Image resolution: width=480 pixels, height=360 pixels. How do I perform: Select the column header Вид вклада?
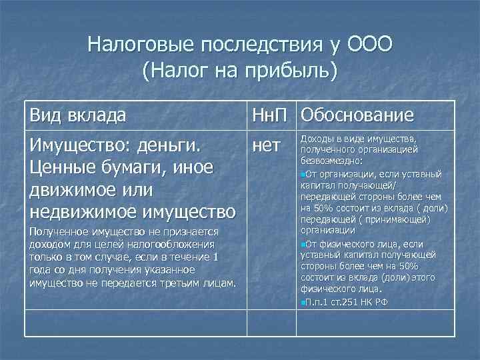pos(77,115)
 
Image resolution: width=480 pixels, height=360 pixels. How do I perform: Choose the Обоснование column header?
pos(357,115)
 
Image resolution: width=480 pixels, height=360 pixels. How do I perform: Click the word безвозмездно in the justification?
pos(332,161)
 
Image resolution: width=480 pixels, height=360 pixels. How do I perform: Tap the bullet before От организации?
pos(303,174)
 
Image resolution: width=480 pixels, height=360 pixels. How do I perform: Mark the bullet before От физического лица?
pos(303,244)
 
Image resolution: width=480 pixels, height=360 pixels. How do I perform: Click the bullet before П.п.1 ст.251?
pos(303,303)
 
